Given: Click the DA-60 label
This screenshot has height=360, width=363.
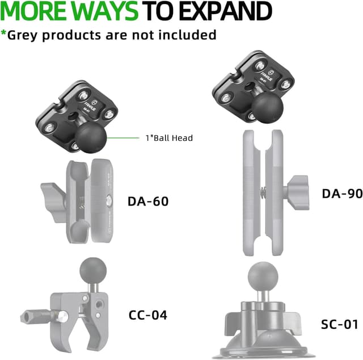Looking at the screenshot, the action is (x=148, y=201).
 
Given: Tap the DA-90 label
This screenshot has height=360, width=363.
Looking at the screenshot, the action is (x=342, y=193).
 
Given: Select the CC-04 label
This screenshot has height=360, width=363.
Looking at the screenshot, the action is (x=147, y=315).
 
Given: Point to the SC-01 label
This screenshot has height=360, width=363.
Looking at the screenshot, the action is (x=340, y=324).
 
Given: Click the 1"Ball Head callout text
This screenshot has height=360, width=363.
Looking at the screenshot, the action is (x=169, y=138).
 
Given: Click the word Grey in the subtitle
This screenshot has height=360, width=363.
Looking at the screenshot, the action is (x=22, y=35).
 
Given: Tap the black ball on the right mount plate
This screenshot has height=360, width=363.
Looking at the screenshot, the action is (x=268, y=107).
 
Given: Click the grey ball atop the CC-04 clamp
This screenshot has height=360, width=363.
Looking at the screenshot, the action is (x=93, y=270).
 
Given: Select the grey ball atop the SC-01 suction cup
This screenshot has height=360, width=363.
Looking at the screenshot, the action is (x=263, y=276).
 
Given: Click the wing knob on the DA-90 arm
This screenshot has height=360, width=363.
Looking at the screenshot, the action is (x=297, y=193).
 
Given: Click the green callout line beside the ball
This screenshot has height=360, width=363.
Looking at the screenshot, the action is (x=123, y=138).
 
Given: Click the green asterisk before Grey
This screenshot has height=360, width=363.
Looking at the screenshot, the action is (x=3, y=32).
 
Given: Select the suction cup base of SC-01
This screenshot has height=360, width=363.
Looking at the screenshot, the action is (x=264, y=345).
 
